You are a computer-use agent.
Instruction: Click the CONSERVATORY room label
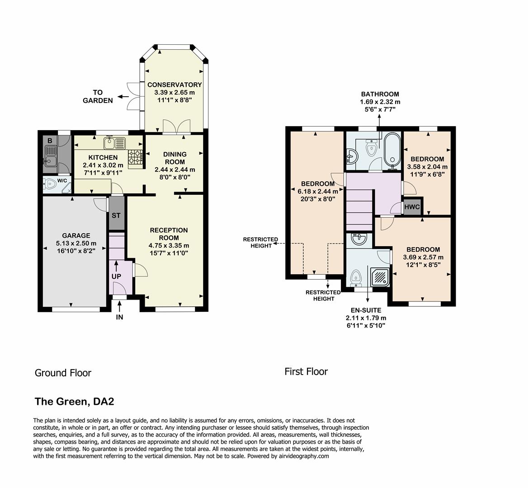(175, 84)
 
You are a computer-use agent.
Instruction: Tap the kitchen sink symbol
(114, 144)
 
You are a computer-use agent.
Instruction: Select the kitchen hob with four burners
(135, 157)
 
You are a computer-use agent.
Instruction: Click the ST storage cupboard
(116, 215)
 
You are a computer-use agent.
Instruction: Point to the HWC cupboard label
(412, 207)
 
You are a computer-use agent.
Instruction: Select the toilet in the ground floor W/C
(51, 183)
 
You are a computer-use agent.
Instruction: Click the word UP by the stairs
(116, 276)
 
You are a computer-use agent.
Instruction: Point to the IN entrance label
(119, 317)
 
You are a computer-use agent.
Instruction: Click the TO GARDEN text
(98, 97)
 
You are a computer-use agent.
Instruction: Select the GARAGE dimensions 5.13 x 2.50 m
(76, 244)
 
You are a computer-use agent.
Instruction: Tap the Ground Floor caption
(63, 373)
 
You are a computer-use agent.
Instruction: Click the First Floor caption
(306, 371)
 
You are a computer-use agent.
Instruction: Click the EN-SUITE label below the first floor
(366, 310)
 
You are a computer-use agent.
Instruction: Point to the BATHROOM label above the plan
(380, 94)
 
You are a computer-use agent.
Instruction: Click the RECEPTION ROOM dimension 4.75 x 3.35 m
(169, 245)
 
